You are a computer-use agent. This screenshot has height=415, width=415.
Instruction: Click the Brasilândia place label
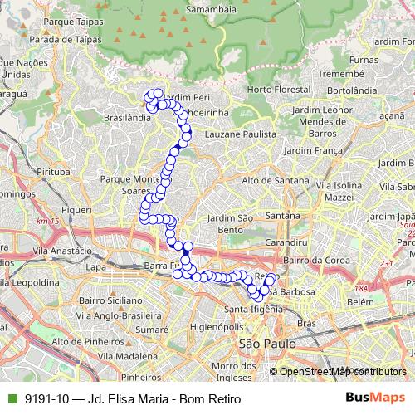click(x=128, y=118)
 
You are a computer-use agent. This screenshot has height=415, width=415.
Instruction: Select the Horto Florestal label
click(x=272, y=89)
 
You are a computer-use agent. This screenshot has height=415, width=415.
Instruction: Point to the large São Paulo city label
click(x=261, y=343)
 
